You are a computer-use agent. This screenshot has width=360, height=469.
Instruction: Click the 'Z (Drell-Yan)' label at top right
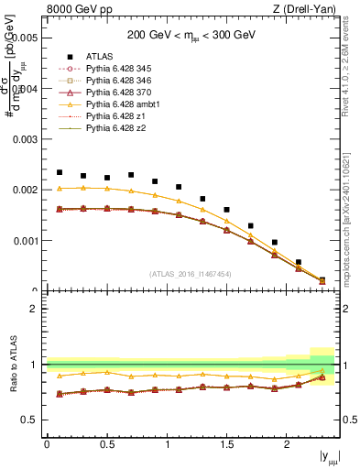point(307,9)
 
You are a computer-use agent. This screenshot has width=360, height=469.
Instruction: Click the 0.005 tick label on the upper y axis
point(25,38)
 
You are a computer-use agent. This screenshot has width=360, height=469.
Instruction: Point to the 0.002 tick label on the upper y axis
point(25,191)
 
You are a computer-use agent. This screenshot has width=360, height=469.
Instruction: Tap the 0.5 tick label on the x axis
point(106,444)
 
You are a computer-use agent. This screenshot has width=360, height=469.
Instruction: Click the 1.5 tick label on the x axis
point(226,444)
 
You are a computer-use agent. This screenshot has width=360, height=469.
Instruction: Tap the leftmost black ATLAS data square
point(60,172)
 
